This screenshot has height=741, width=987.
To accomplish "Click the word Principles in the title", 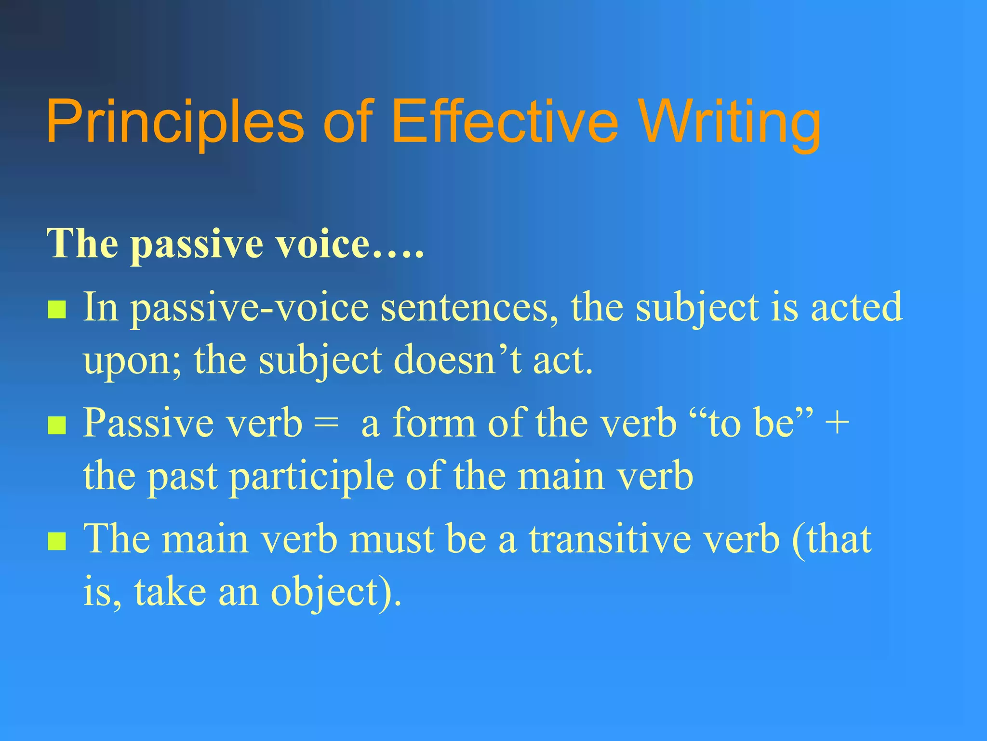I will [x=175, y=122].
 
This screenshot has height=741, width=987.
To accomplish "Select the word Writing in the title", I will [x=730, y=122].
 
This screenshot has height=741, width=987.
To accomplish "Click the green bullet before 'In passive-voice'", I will [x=57, y=310].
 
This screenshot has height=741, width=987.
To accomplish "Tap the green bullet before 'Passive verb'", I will [x=57, y=425].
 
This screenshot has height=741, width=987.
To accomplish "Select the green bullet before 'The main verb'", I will [x=57, y=541].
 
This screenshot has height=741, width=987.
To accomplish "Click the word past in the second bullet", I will [x=182, y=477].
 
